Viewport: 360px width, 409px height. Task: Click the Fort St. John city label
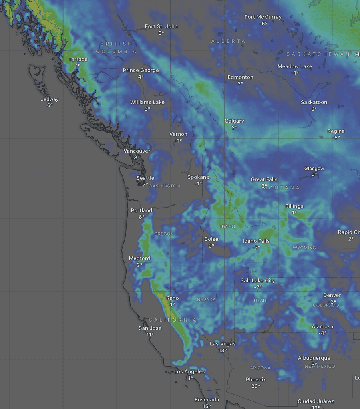(x=161, y=26)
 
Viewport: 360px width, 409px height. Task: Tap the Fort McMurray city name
(x=263, y=17)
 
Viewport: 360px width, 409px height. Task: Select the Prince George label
(x=141, y=70)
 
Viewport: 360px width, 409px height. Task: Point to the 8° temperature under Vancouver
(x=137, y=158)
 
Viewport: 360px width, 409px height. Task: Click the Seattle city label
(x=145, y=178)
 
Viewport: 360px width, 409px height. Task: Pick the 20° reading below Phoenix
(x=256, y=386)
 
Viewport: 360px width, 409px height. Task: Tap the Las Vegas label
(x=223, y=344)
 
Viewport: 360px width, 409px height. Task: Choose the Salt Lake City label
(x=258, y=280)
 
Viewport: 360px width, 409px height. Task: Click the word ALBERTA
(x=228, y=41)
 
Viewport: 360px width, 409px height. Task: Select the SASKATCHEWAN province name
(x=318, y=54)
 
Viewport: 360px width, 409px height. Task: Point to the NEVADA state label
(x=206, y=300)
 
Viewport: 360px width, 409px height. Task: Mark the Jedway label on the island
(x=50, y=99)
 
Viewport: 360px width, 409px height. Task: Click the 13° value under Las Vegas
(x=223, y=351)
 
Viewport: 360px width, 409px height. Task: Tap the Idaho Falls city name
(x=256, y=241)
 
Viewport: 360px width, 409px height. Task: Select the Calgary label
(x=234, y=121)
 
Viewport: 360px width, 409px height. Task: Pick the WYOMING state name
(x=304, y=248)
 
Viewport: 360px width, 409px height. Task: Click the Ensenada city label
(x=207, y=400)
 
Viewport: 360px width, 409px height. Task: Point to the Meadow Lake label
(x=295, y=66)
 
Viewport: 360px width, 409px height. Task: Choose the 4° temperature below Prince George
(x=141, y=77)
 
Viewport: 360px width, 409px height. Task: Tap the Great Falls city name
(x=264, y=179)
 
